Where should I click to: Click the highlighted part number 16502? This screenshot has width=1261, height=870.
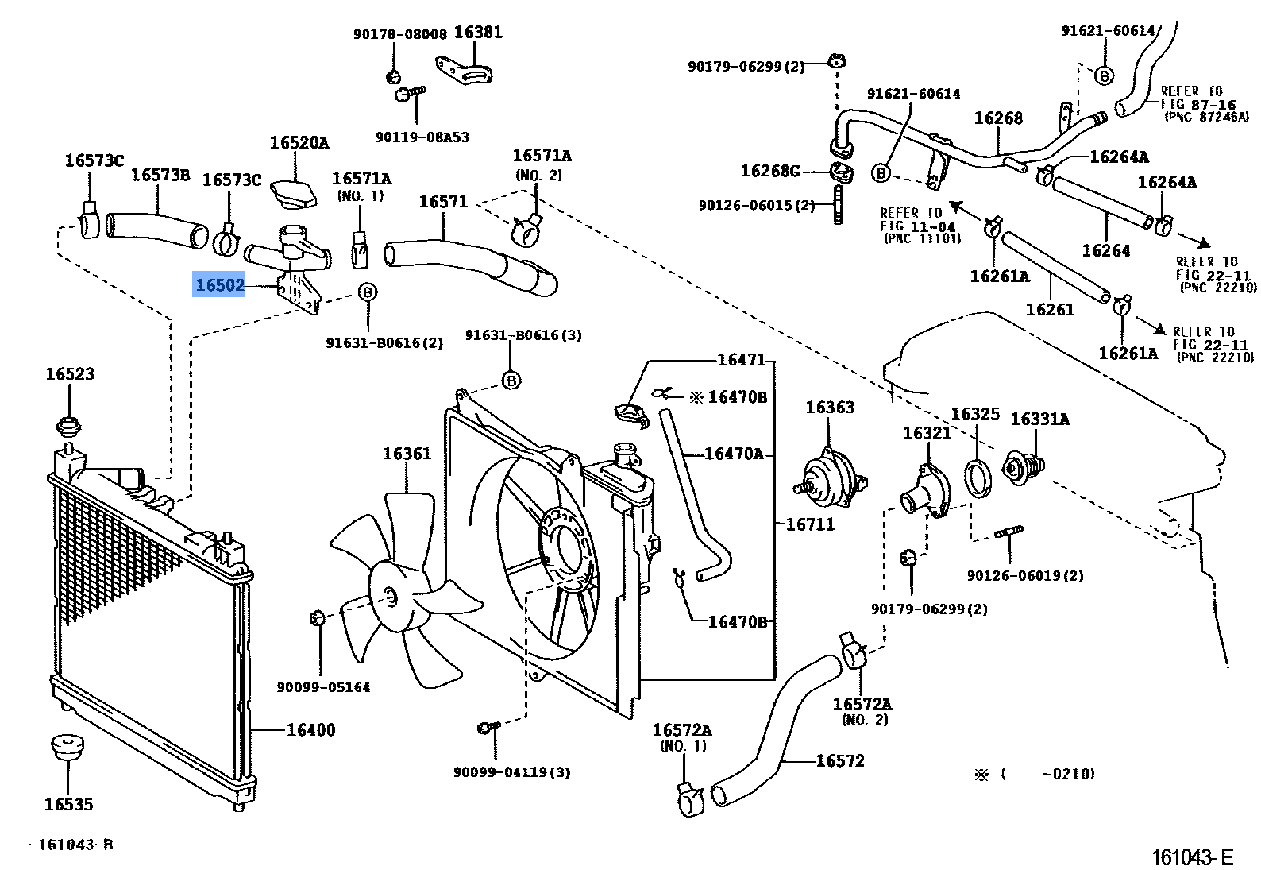tap(220, 284)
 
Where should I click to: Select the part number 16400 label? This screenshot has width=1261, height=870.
tap(310, 729)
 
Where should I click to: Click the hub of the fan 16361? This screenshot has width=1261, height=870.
tap(389, 597)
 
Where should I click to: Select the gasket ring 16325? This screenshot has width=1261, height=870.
tap(978, 478)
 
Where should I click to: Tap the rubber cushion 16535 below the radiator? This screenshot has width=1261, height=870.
tap(67, 748)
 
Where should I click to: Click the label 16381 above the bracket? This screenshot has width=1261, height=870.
tap(478, 33)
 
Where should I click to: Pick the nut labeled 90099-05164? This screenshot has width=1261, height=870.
tap(316, 617)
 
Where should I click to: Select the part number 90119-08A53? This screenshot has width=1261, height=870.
tap(422, 137)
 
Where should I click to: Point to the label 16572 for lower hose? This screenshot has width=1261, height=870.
tap(839, 760)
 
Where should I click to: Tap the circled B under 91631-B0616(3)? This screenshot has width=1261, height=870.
tap(511, 381)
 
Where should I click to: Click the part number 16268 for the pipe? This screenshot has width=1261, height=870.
tap(998, 118)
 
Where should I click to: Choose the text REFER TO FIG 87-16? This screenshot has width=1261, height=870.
tap(1197, 98)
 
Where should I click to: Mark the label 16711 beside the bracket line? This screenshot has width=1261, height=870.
tap(810, 524)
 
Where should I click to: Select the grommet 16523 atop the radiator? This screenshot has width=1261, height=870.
tap(69, 427)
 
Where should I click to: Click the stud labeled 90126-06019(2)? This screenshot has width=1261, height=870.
tap(1008, 532)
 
